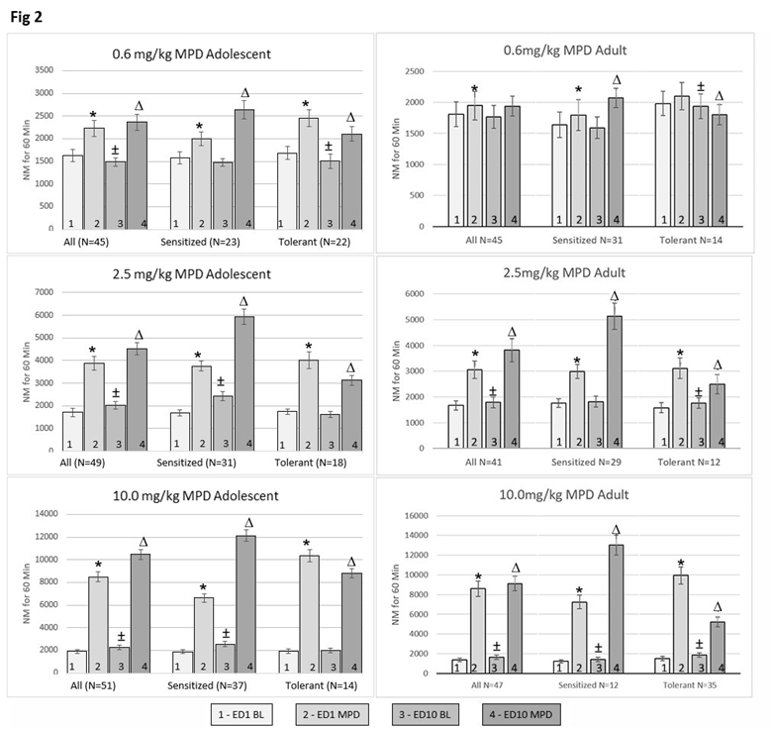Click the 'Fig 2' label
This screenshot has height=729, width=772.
point(29,16)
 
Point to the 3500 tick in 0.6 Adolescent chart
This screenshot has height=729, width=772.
point(45,69)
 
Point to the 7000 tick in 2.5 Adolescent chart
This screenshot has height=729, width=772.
point(45,293)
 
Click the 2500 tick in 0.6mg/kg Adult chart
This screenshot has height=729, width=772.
point(429,71)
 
